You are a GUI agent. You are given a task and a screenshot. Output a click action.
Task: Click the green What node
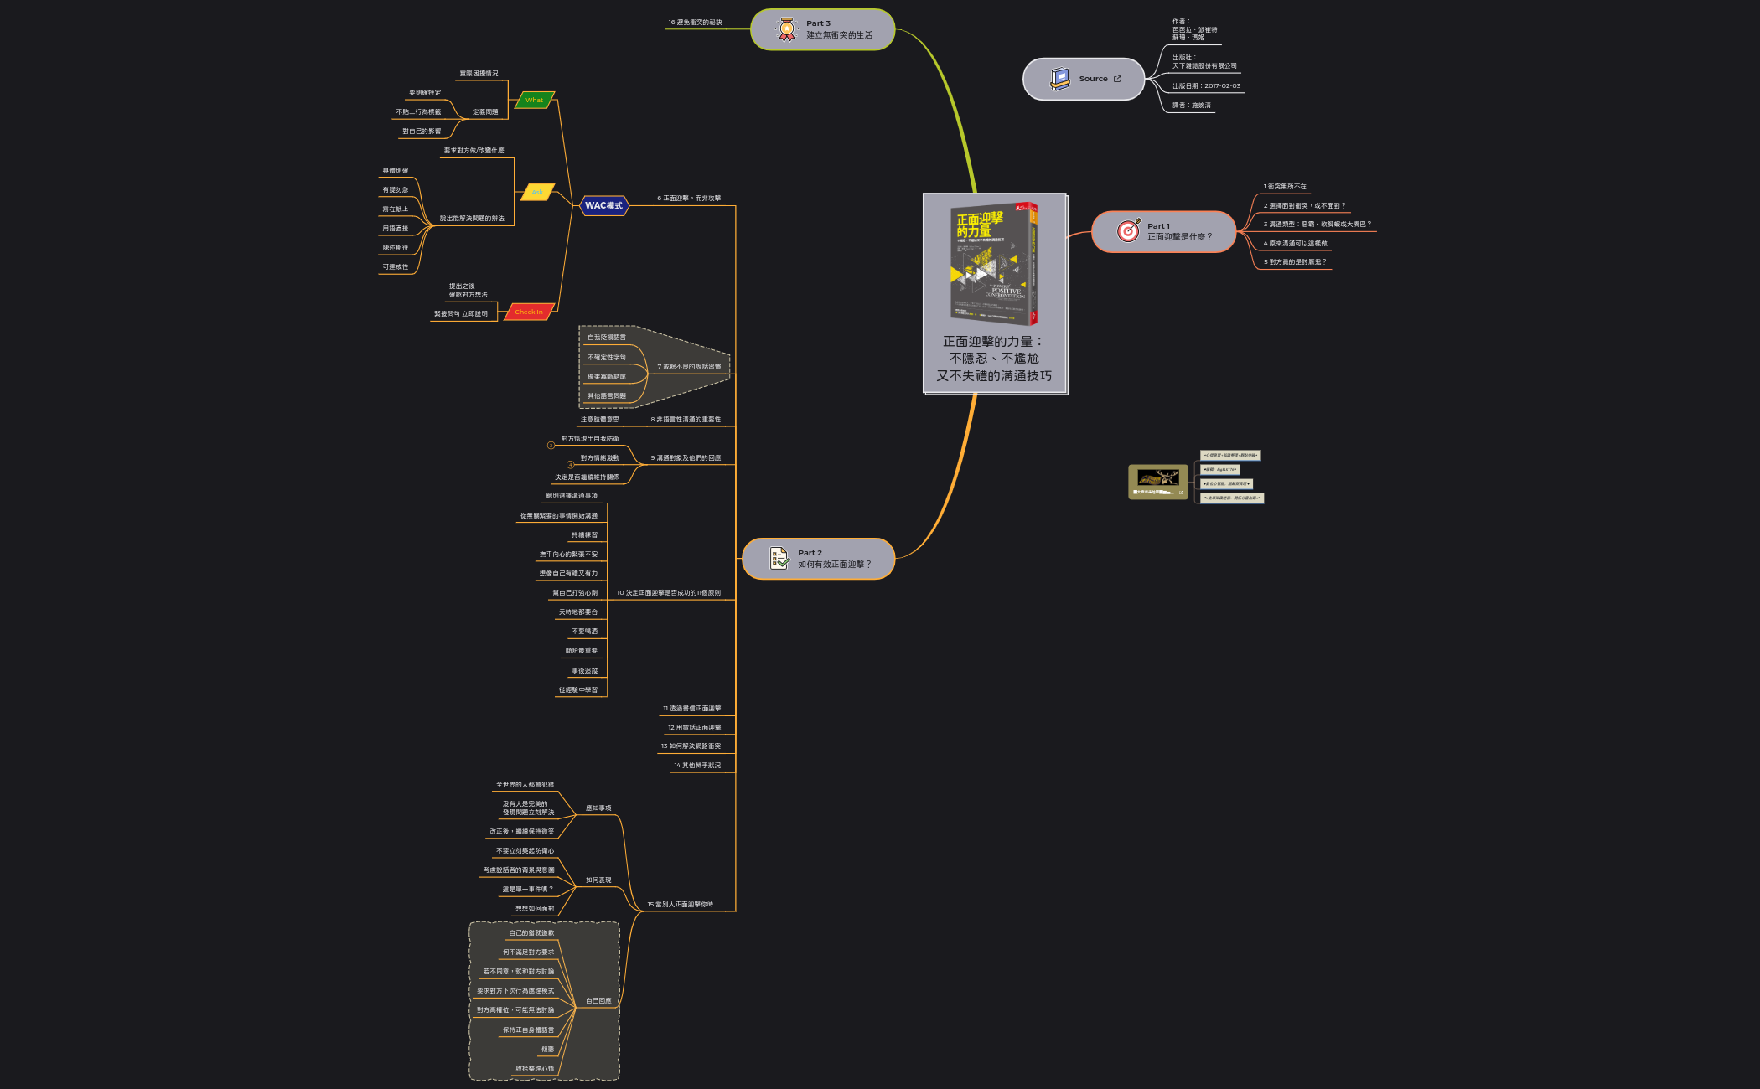tap(535, 100)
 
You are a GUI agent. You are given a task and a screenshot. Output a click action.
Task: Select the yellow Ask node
tap(537, 192)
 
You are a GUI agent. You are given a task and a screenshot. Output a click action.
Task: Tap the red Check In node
tap(529, 312)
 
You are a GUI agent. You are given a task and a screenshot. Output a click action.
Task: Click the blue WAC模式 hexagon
tap(603, 205)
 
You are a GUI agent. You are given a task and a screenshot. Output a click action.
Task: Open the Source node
tap(1083, 79)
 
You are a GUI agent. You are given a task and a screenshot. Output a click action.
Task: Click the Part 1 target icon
tap(1129, 230)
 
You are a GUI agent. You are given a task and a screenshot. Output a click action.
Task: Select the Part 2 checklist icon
tap(779, 558)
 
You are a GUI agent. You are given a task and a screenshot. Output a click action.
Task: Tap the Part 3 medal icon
tap(786, 29)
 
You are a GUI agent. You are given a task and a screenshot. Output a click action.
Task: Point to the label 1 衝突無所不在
tap(1285, 187)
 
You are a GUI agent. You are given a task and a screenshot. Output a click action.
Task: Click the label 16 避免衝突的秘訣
tap(695, 23)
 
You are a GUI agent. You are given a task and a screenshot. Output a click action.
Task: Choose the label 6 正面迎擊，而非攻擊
tap(689, 199)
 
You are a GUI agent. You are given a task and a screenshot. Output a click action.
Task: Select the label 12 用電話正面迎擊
tap(694, 728)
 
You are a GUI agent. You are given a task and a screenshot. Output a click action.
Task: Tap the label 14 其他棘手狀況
tap(697, 766)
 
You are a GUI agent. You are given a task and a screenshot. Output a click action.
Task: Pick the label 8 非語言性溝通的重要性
tap(686, 420)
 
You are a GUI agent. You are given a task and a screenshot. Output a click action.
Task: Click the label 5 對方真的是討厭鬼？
tap(1295, 262)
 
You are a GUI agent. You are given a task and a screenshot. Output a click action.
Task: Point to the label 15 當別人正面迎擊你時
tap(684, 905)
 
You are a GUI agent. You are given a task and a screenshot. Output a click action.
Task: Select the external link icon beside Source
tap(1117, 79)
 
